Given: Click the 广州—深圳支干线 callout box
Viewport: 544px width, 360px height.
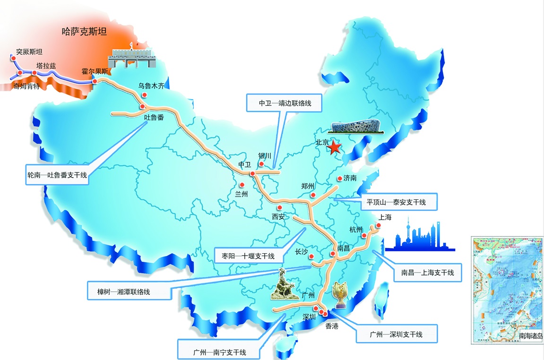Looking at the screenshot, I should click(x=396, y=334).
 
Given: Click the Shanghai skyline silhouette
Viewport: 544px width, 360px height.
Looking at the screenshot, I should click(x=419, y=236).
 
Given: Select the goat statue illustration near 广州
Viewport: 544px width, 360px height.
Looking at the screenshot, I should click(x=284, y=286).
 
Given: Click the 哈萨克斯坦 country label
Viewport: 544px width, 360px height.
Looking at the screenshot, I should click(x=85, y=32).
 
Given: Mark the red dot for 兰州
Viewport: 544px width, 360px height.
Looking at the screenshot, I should click(x=242, y=185).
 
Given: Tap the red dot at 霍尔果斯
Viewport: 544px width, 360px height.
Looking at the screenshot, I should click(x=95, y=81).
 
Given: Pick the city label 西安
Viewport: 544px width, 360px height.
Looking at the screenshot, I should click(x=278, y=217).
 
